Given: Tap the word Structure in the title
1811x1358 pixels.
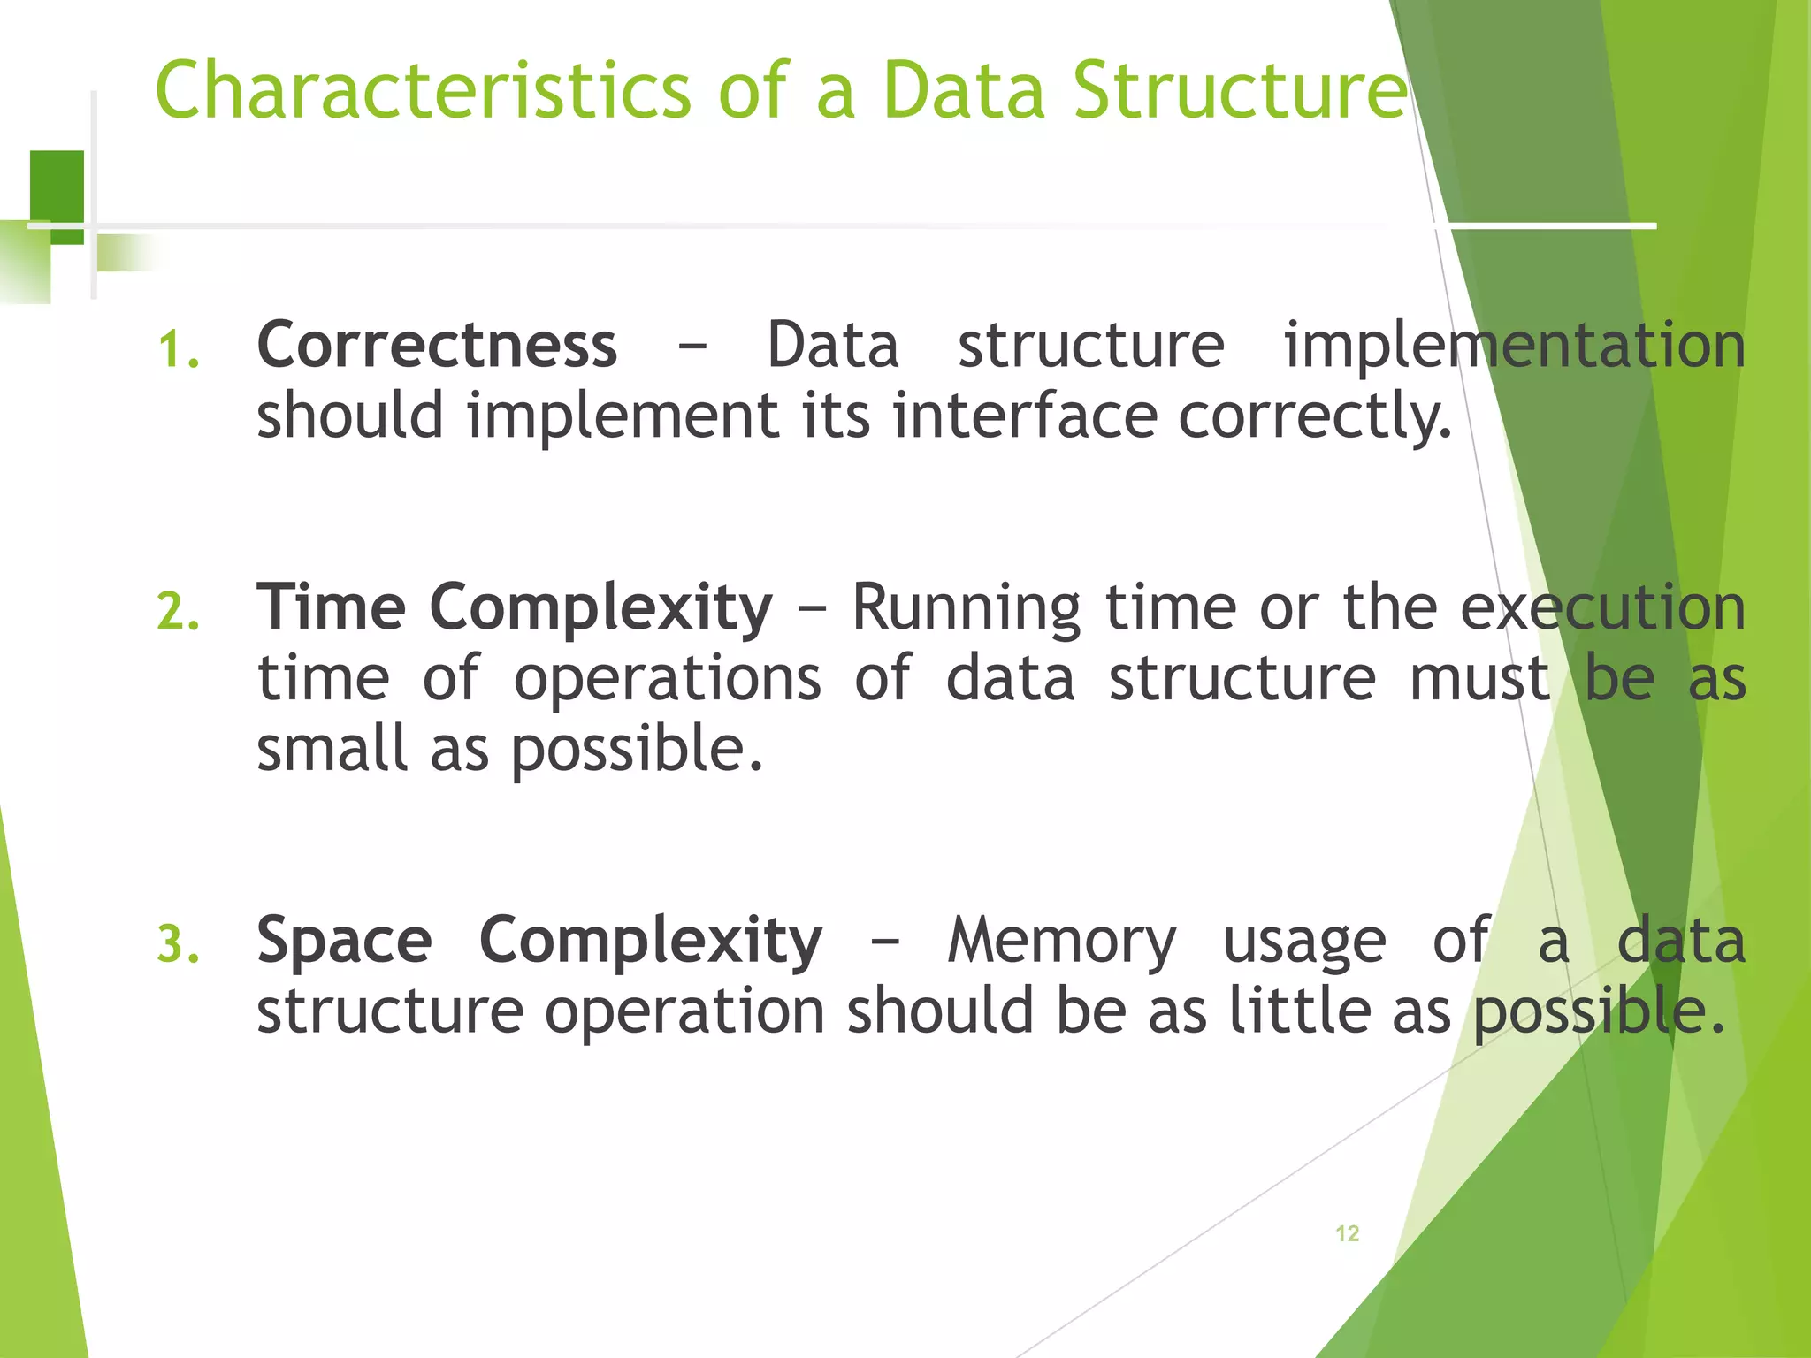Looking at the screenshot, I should point(1238,90).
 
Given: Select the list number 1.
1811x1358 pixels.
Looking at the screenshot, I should point(178,349).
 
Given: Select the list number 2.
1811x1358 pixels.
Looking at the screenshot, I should point(178,612).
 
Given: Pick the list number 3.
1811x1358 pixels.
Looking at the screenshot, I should point(178,943).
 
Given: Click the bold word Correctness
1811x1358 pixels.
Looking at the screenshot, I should point(437,345).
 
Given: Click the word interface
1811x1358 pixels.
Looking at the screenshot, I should point(1024,416).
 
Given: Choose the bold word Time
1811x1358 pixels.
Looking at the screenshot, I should point(331,607).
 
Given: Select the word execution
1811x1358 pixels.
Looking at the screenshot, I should point(1602,608).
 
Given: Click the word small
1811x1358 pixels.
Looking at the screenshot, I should point(332,749).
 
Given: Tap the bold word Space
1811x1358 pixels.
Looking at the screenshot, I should point(344,941).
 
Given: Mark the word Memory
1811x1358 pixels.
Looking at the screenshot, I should point(1061,942).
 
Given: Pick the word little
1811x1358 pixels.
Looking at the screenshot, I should point(1301,1011).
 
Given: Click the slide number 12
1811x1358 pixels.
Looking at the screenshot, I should point(1347,1233).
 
